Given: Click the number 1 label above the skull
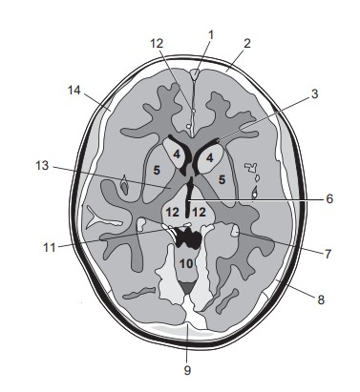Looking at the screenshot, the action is pos(212,34).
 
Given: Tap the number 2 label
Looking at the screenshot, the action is pos(246,43).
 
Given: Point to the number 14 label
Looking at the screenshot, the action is pos(75,90).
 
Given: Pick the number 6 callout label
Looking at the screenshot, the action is pos(328,199).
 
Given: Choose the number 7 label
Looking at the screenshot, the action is pos(328,257).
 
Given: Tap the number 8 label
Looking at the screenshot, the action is pos(321,300).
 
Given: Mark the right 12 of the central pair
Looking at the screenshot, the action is pos(201,210).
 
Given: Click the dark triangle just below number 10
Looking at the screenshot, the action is pos(189,283).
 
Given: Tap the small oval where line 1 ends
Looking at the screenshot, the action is pos(195,73).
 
